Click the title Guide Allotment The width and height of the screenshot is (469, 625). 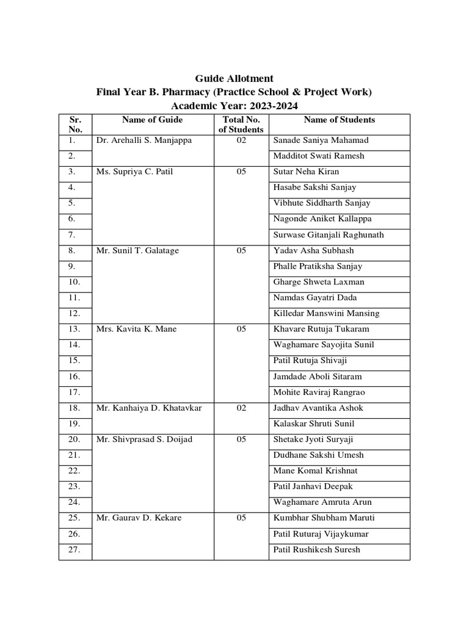tap(234, 79)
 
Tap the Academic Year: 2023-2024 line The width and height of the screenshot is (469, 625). tap(234, 106)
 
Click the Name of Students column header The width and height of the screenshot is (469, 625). tap(339, 120)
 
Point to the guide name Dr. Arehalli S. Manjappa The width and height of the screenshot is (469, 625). tap(144, 140)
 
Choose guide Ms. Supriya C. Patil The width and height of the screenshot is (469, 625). tap(134, 172)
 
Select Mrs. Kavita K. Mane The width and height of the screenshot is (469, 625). tap(136, 330)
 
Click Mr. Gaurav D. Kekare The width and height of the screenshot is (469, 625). tap(139, 518)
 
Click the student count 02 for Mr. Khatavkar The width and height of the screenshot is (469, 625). tap(241, 408)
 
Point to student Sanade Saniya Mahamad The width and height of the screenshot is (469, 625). tap(321, 140)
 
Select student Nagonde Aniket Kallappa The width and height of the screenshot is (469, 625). tap(322, 219)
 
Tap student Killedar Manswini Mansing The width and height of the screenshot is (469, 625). tap(326, 314)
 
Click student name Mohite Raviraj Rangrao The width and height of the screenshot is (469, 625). tap(322, 392)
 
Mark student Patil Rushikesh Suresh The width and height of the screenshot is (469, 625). tap(316, 550)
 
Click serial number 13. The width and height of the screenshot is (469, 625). tap(75, 330)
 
